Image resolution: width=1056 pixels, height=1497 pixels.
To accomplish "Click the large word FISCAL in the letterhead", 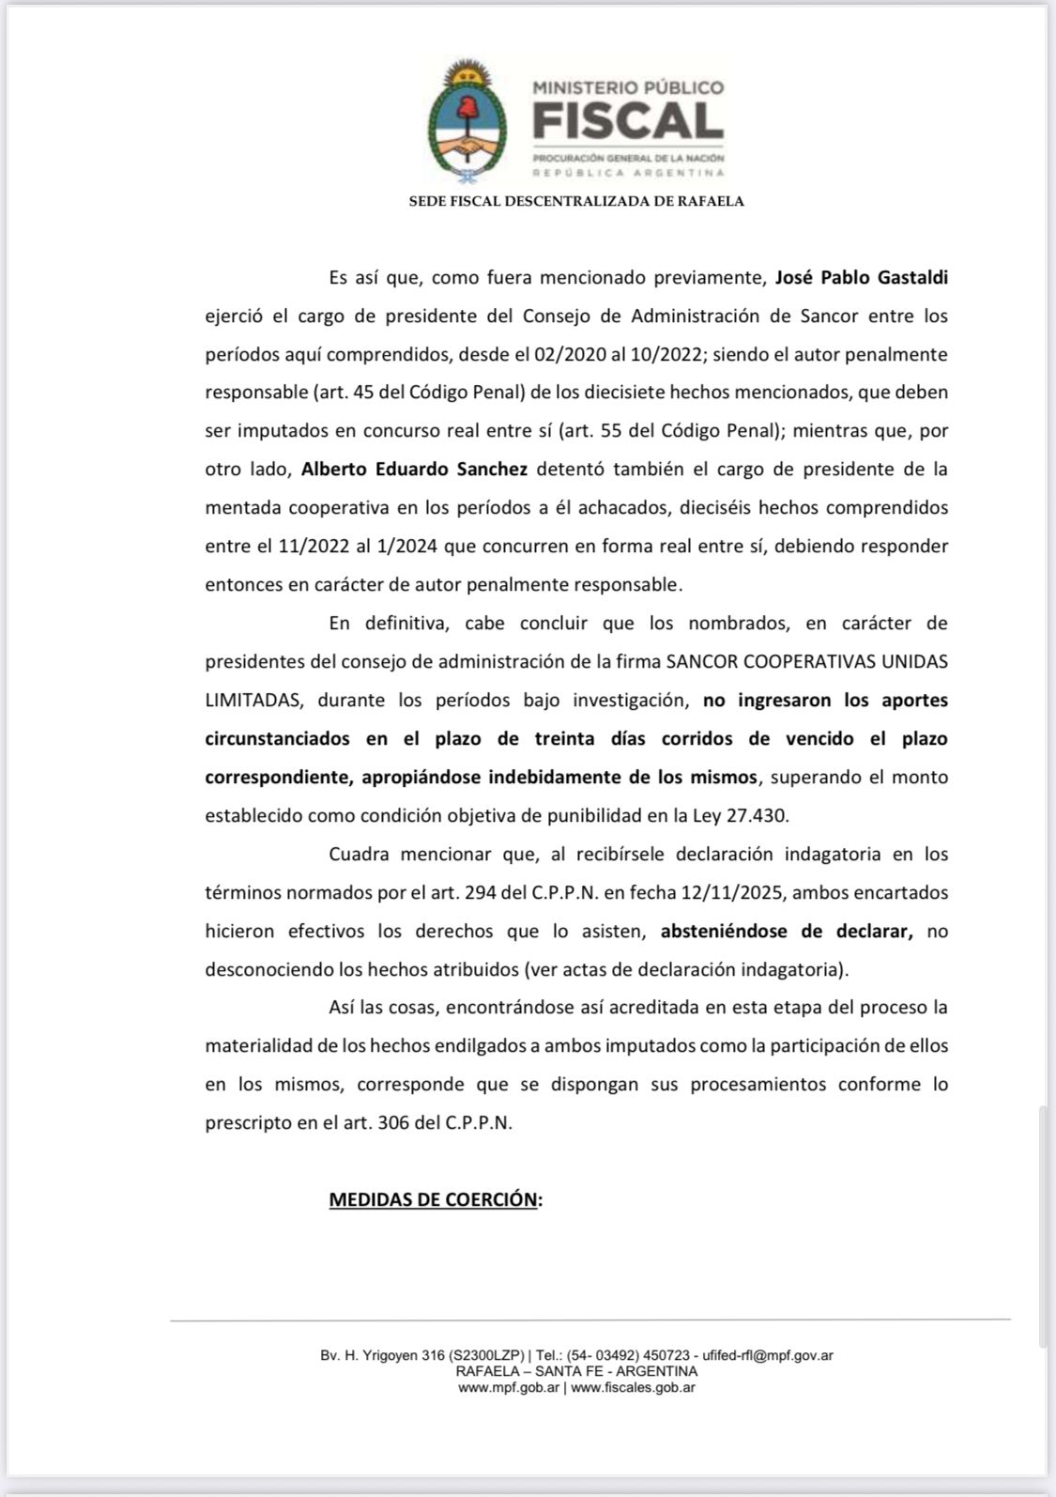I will [628, 121].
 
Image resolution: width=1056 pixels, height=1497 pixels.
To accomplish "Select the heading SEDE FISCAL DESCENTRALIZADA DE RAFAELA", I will [576, 201].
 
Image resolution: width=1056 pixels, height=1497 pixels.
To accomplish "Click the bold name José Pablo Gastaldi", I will [861, 277].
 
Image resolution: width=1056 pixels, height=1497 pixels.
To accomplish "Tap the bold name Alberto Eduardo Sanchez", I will [414, 469].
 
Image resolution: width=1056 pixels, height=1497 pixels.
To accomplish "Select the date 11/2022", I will [312, 546].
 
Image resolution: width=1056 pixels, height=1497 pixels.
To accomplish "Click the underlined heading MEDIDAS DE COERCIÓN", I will [435, 1199].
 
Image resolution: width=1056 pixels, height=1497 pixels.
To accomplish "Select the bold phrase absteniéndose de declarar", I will [787, 931].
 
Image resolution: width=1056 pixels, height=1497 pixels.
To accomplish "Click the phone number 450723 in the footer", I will [666, 1355].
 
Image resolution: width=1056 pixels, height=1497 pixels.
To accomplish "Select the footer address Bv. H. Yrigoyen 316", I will [384, 1355].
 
